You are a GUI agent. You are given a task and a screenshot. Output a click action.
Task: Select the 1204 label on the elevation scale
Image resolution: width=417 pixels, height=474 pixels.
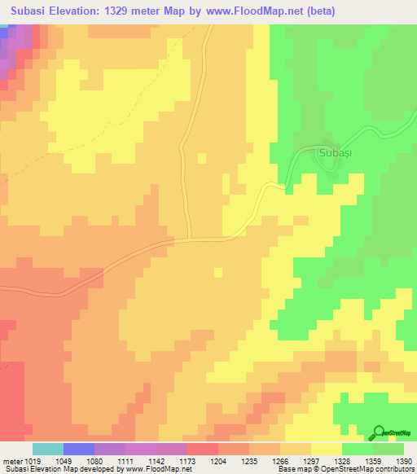click(218, 460)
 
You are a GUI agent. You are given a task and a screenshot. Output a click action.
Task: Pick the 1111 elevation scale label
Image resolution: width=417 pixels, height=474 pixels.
click(125, 460)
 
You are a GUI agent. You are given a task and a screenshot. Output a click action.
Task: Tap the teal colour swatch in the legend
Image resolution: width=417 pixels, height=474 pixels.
click(48, 449)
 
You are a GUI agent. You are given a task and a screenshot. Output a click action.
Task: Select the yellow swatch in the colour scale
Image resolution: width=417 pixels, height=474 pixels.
click(326, 449)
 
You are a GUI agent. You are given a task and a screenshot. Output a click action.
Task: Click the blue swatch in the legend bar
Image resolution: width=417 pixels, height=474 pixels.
click(79, 449)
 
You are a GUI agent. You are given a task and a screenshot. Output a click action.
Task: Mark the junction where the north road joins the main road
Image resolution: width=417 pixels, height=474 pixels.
click(190, 239)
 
